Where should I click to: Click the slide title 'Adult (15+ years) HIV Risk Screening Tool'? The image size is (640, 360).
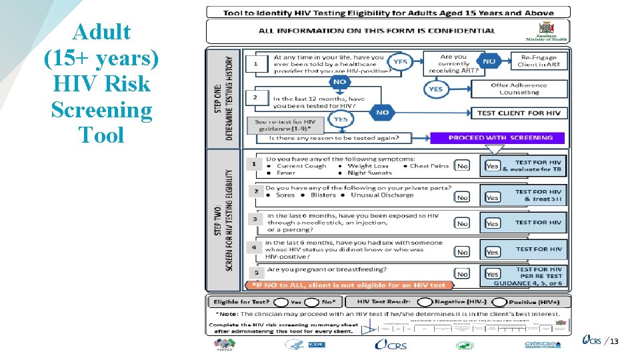pos(101,83)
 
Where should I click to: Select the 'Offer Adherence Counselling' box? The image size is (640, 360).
pos(519,89)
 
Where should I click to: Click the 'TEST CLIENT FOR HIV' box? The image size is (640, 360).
pos(519,113)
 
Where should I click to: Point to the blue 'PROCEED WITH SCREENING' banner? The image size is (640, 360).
pos(497,138)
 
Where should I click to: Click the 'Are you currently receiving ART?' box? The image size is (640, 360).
pos(454,64)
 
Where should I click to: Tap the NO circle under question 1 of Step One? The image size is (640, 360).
pos(340,81)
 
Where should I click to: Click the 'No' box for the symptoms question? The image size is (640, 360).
pos(462,166)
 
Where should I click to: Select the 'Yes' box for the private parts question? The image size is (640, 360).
pos(492,198)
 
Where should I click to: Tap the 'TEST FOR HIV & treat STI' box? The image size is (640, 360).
pos(538,195)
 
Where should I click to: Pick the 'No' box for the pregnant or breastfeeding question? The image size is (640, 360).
pos(462,274)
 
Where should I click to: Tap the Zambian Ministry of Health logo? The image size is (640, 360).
pos(551,31)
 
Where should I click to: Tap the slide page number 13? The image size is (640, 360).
pos(614,342)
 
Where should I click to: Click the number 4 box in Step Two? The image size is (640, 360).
pos(254,247)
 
